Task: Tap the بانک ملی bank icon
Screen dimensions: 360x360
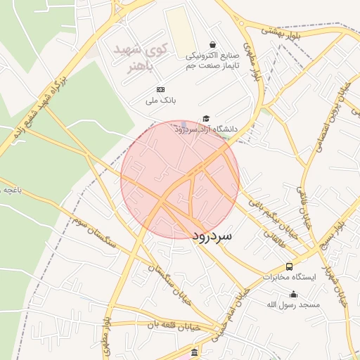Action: (161, 89)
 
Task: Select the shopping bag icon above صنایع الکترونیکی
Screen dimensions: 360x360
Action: (213, 45)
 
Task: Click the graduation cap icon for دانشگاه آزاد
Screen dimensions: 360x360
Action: (206, 118)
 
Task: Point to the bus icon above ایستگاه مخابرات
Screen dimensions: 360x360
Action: (289, 266)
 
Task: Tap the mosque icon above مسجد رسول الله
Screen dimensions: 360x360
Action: (293, 294)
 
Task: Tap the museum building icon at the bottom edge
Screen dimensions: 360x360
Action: (195, 352)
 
